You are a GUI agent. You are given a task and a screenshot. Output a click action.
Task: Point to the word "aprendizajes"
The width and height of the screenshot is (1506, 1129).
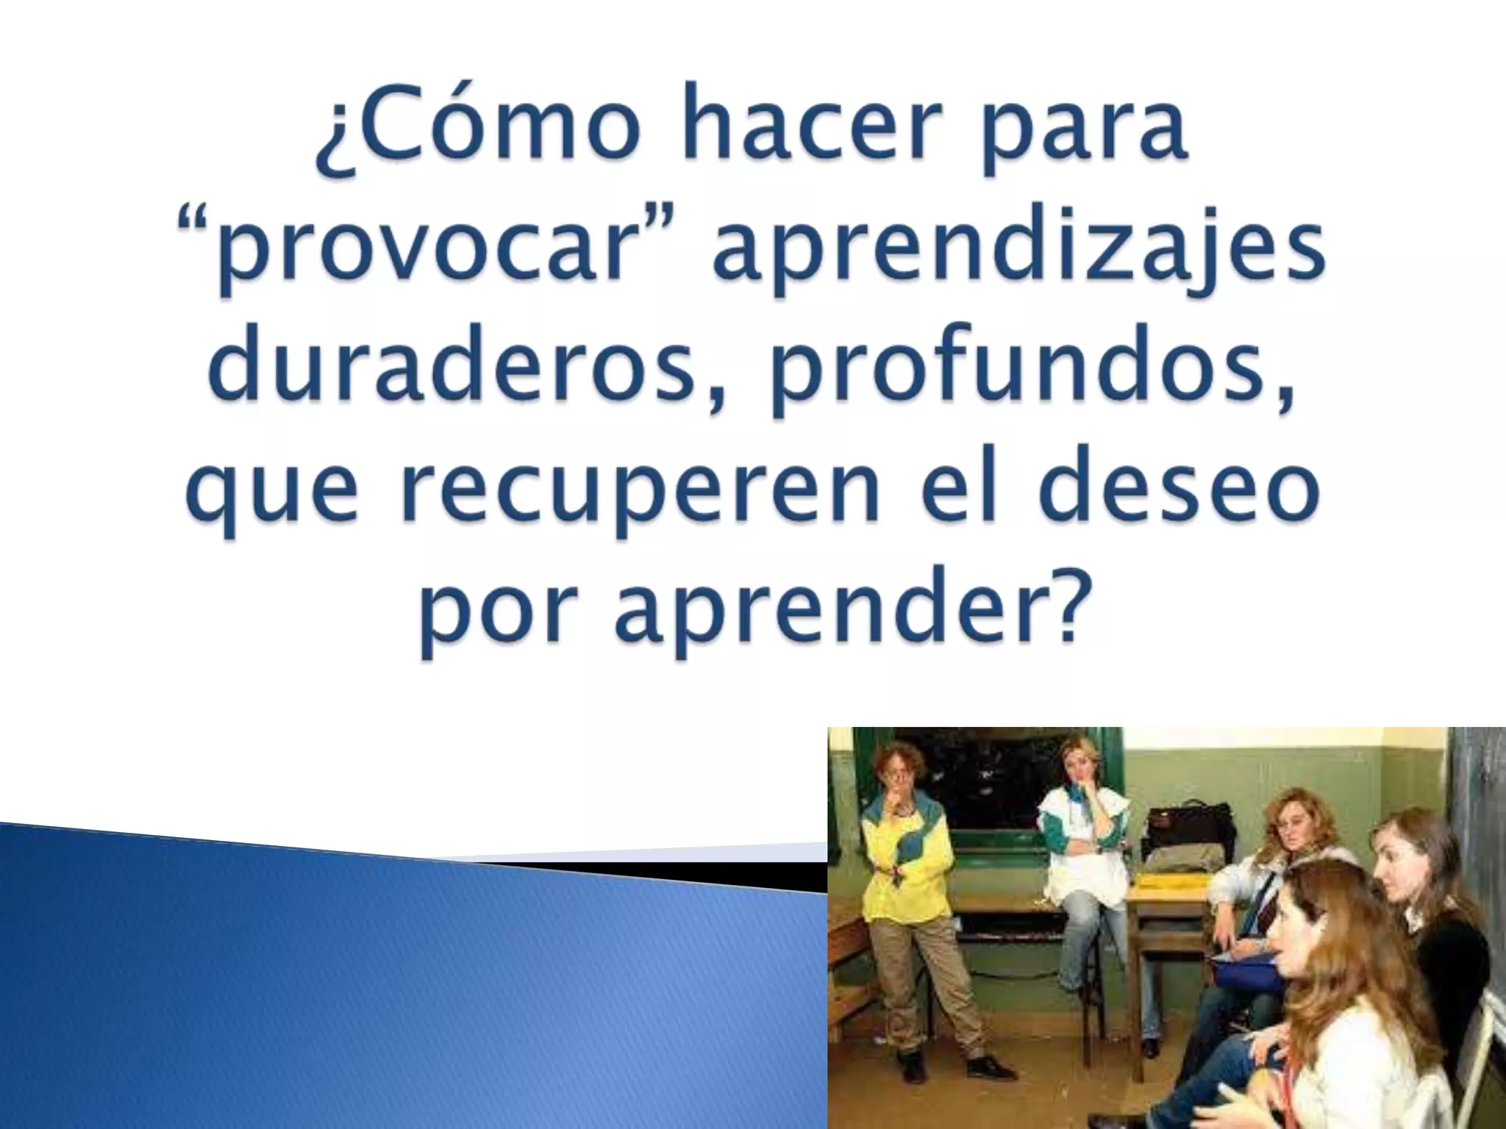click(x=1018, y=254)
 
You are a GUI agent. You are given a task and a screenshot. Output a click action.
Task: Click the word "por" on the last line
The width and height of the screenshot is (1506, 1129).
click(x=500, y=617)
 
